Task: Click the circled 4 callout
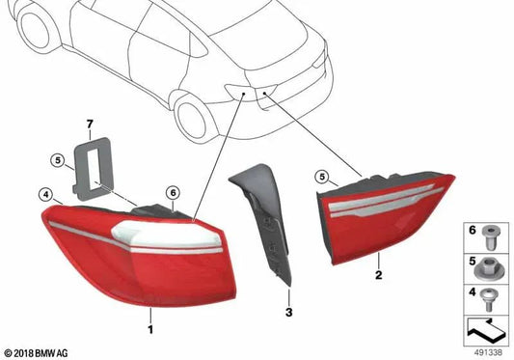coord(45,194)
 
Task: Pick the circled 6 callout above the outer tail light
coord(172,191)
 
